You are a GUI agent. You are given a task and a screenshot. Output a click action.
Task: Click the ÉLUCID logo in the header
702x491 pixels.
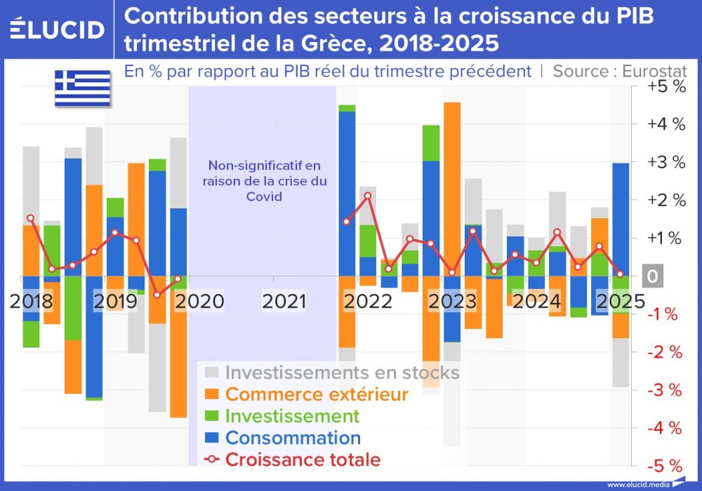coord(58,29)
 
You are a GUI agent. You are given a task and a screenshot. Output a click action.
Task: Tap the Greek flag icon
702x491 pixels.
coord(83,88)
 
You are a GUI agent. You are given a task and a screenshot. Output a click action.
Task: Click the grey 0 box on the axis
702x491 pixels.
coord(652,276)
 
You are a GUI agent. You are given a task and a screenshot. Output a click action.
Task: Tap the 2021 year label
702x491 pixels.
coord(284,302)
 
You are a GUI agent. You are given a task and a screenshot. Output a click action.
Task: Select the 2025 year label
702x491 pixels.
coord(620,302)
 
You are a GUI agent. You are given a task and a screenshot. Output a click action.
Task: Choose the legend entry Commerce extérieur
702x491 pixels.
coord(316,394)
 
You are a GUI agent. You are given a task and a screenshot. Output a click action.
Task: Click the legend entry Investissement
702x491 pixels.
coord(291,416)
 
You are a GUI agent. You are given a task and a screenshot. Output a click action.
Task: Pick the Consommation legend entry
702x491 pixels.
coord(293,438)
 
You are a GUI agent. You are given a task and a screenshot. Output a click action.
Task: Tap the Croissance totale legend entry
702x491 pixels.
coord(303,460)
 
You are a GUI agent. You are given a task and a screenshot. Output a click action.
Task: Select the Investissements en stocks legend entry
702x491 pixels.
coord(342,372)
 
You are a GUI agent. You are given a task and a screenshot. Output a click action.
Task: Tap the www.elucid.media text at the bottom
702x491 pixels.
coord(637,484)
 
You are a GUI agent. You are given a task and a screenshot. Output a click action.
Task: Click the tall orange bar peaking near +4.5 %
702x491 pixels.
coord(452,189)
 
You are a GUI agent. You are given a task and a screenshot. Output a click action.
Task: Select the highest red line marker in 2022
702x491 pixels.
coord(367,196)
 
